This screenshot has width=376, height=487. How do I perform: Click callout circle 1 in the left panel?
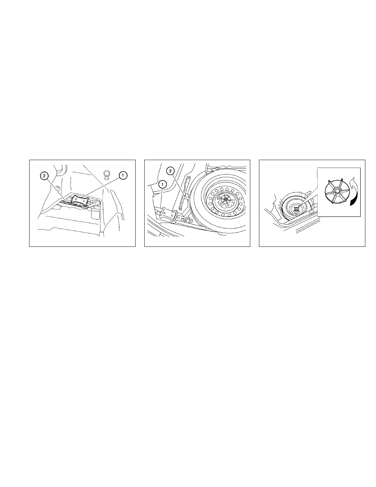point(123,175)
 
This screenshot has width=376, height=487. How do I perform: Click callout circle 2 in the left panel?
point(44,176)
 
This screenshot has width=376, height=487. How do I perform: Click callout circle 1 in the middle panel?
point(162,185)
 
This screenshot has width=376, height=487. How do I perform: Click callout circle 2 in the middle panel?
point(170,171)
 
